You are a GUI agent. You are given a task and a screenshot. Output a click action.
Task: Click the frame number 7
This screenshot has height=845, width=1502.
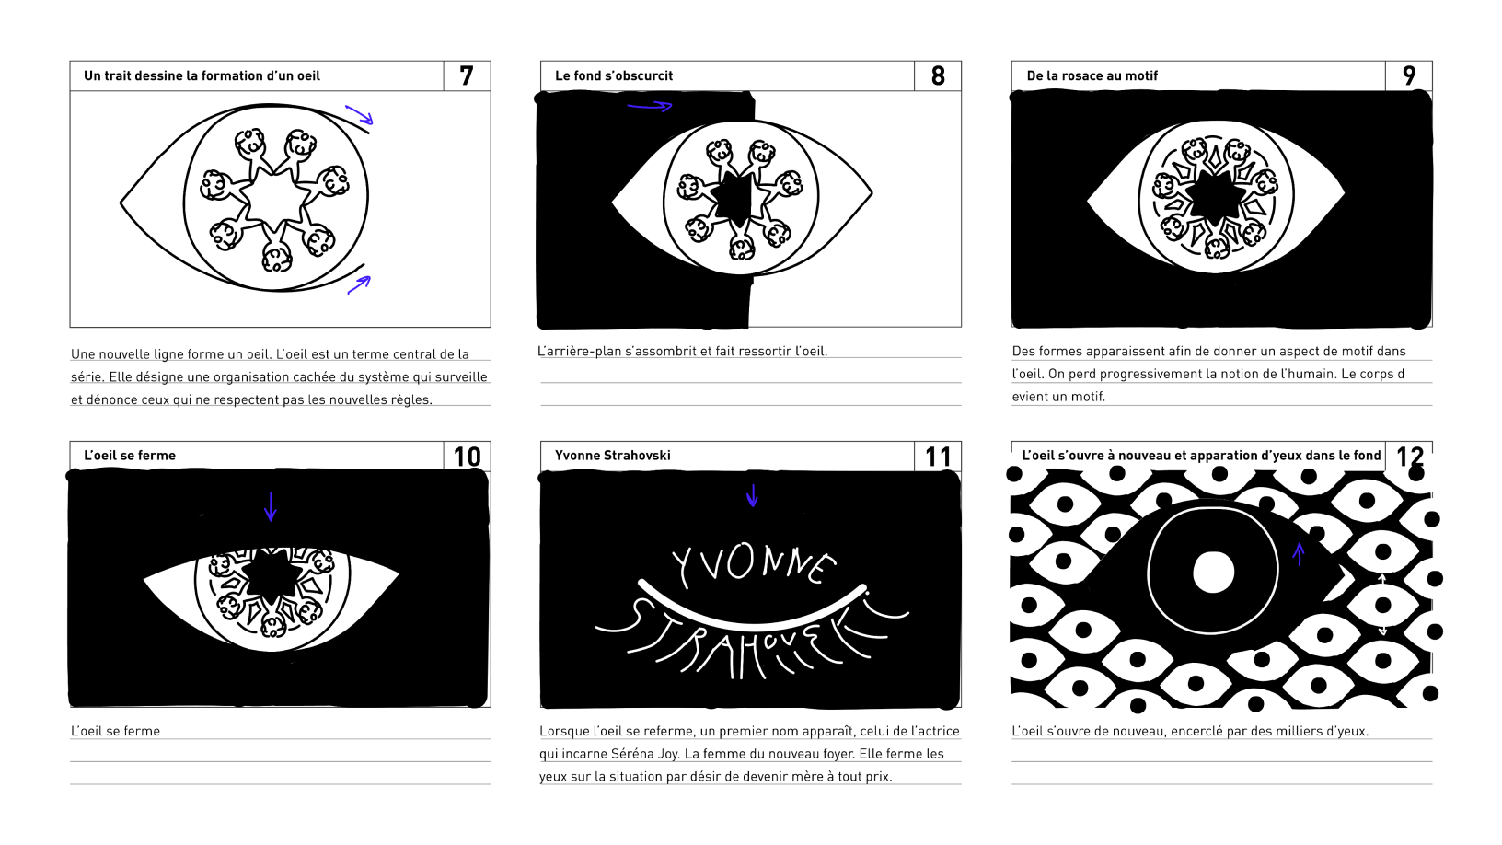pyautogui.click(x=467, y=75)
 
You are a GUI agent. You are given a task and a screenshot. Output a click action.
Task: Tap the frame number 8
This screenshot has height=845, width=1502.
pyautogui.click(x=938, y=75)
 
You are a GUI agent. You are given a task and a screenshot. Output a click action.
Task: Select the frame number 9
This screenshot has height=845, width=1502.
pyautogui.click(x=1409, y=75)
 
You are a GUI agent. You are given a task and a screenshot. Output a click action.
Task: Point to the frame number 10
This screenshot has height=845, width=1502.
pyautogui.click(x=467, y=457)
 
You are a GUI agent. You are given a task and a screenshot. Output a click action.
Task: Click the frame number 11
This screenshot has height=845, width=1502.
pyautogui.click(x=938, y=457)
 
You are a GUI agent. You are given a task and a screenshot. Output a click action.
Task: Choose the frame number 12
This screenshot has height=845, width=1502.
pyautogui.click(x=1409, y=457)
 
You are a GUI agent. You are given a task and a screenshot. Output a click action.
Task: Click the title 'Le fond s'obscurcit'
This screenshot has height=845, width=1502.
pyautogui.click(x=614, y=75)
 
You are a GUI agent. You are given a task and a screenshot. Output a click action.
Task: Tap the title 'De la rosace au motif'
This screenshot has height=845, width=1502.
pyautogui.click(x=1092, y=75)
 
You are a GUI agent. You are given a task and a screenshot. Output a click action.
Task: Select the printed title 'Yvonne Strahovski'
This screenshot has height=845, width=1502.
pyautogui.click(x=612, y=456)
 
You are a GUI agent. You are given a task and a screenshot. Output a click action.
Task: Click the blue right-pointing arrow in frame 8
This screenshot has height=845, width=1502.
pyautogui.click(x=649, y=106)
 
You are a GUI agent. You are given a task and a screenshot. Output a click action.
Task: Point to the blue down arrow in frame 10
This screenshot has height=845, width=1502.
pyautogui.click(x=271, y=506)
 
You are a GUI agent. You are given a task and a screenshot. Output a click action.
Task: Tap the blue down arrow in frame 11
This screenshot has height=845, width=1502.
pyautogui.click(x=752, y=495)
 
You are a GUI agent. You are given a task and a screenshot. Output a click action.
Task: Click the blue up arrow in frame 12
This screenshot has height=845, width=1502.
pyautogui.click(x=1299, y=554)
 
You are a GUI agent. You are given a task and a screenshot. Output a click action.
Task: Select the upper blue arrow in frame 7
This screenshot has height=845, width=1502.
pyautogui.click(x=360, y=114)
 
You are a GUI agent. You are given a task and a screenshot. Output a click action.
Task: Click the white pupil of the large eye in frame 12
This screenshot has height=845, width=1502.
pyautogui.click(x=1214, y=572)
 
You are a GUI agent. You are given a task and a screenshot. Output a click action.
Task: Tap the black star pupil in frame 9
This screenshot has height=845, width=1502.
pyautogui.click(x=1215, y=194)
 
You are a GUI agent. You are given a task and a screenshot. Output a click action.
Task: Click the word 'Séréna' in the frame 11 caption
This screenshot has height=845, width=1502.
pyautogui.click(x=633, y=754)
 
